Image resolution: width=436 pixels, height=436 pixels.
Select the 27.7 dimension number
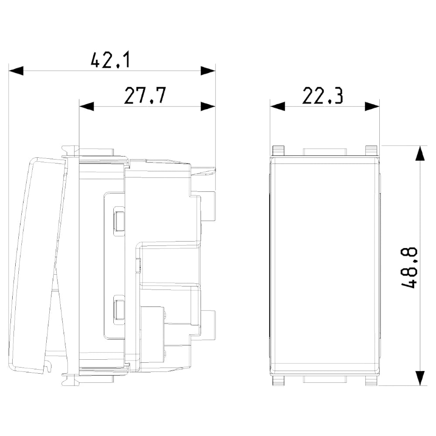145,95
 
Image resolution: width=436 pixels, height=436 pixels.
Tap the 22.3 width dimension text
323,95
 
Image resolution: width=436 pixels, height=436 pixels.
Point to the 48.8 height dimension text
409,268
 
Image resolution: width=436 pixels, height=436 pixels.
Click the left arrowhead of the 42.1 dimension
16,71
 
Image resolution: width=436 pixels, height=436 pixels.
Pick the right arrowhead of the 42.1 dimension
208,71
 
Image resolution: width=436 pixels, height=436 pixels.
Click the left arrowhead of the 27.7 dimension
86,106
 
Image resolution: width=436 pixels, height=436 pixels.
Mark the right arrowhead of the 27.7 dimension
208,106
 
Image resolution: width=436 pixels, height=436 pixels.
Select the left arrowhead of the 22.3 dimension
277,106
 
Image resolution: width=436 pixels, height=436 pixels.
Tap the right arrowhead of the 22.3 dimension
372,106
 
